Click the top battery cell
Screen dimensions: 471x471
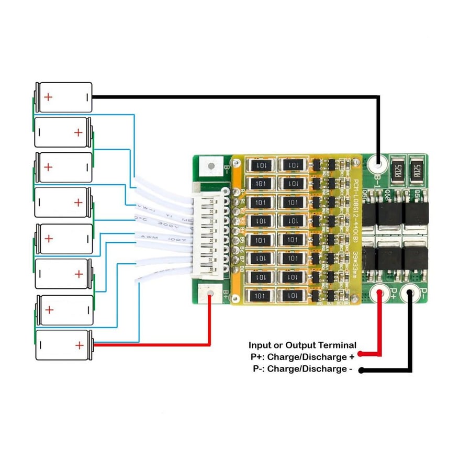click(63, 97)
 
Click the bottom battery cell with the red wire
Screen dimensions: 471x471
click(63, 345)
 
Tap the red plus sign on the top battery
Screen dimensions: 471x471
click(48, 97)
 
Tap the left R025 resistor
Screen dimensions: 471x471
click(397, 170)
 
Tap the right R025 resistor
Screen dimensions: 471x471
click(418, 170)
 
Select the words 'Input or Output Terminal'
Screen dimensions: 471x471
click(302, 345)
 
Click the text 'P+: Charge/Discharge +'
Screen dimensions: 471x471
click(302, 357)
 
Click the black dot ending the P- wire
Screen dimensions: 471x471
click(361, 370)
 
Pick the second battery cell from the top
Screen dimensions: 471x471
click(63, 132)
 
